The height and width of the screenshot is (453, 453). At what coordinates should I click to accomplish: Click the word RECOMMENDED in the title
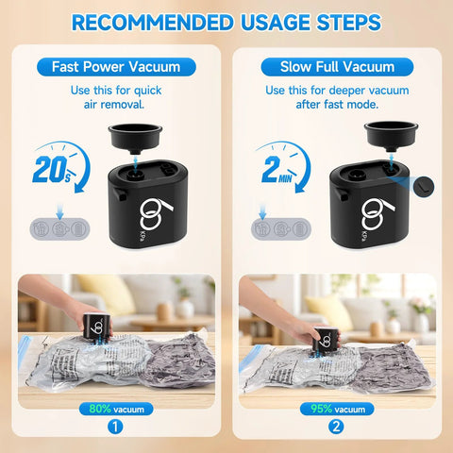[x=153, y=23]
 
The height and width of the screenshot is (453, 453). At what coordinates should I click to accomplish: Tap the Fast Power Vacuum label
[x=116, y=67]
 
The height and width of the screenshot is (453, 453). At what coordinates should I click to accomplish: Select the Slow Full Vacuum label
[x=337, y=67]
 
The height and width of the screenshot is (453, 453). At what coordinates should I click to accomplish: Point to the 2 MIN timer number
[x=277, y=170]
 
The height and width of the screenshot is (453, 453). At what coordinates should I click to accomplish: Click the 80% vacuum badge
[x=116, y=409]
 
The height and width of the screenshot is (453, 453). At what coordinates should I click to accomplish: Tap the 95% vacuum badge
[x=337, y=409]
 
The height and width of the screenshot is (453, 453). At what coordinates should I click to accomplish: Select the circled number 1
[x=115, y=428]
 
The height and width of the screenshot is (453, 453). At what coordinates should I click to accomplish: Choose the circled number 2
[x=336, y=428]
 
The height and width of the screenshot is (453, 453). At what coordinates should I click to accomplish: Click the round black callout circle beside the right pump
[x=424, y=187]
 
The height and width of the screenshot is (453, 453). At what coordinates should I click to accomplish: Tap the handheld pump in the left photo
[x=97, y=326]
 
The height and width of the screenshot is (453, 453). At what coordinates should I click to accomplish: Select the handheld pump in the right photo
[x=327, y=341]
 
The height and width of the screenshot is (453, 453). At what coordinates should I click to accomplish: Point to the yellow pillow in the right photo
[x=330, y=312]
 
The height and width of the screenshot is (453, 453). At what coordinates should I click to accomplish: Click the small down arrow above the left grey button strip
[x=59, y=211]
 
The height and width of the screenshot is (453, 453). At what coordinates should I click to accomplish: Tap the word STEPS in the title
[x=349, y=23]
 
